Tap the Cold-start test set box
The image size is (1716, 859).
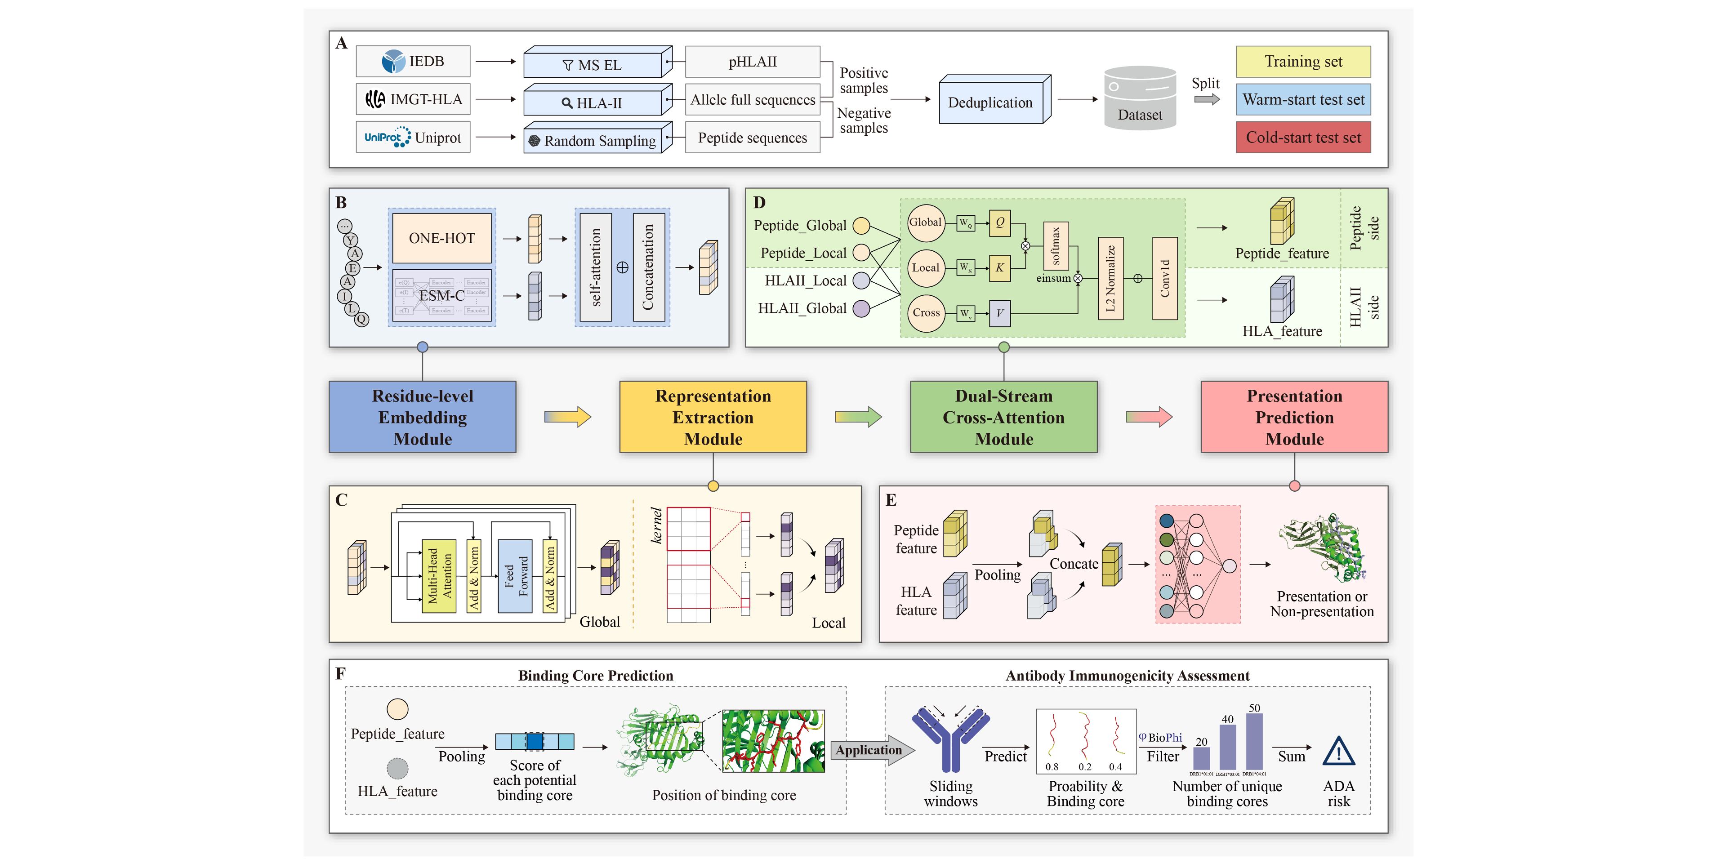tap(1303, 137)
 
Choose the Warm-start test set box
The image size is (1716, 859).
tap(1303, 99)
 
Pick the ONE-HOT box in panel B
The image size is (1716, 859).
tap(441, 238)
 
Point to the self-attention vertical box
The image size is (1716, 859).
tap(596, 267)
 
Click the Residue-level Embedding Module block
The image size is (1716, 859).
tap(422, 417)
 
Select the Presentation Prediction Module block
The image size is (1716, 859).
tap(1294, 417)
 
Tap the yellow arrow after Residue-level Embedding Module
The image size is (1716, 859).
tap(567, 417)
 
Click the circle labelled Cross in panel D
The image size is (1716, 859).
tap(926, 312)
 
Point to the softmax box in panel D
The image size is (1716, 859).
tap(1056, 245)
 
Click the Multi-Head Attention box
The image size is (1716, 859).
tap(439, 576)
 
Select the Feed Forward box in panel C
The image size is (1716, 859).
tap(515, 576)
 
